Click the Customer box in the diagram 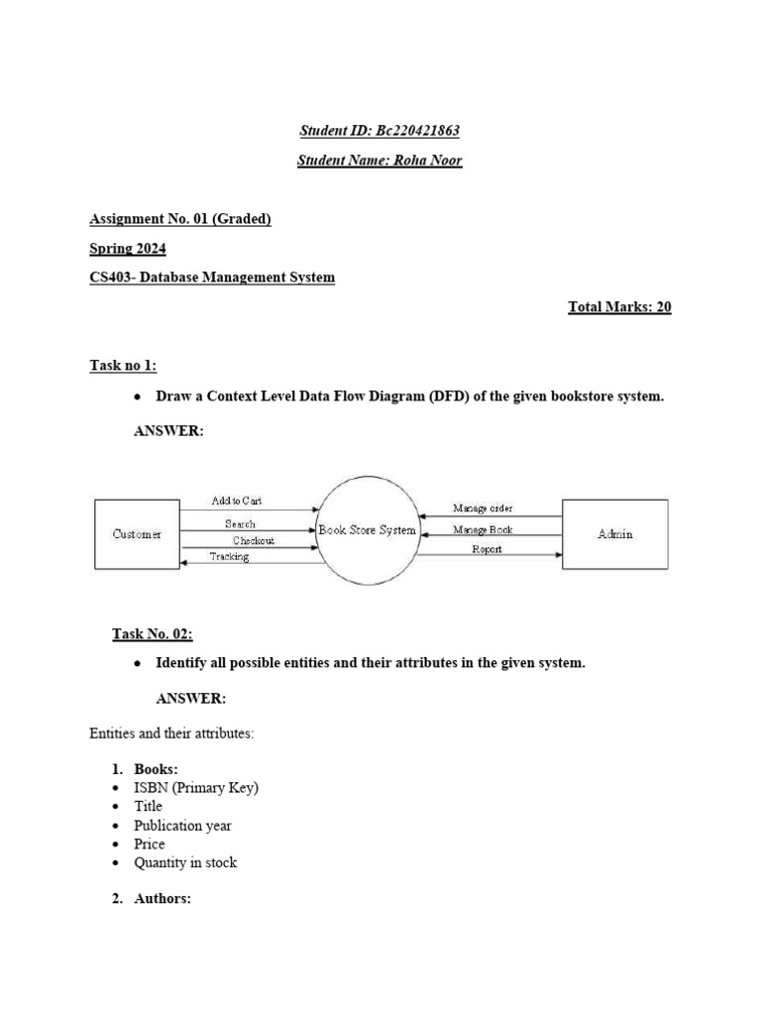click(x=137, y=534)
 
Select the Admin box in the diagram click(x=615, y=534)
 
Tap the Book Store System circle click(x=368, y=531)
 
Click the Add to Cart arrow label click(x=237, y=502)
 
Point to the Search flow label click(x=240, y=523)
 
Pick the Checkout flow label click(x=254, y=540)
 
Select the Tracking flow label click(x=229, y=557)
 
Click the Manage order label click(x=483, y=508)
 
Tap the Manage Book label click(x=483, y=529)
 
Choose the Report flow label click(x=487, y=549)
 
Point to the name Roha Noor click(x=429, y=161)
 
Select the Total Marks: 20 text click(x=619, y=307)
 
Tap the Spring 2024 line click(x=128, y=249)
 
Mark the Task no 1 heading click(x=123, y=367)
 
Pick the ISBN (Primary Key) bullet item click(x=196, y=788)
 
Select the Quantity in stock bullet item click(x=185, y=862)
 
